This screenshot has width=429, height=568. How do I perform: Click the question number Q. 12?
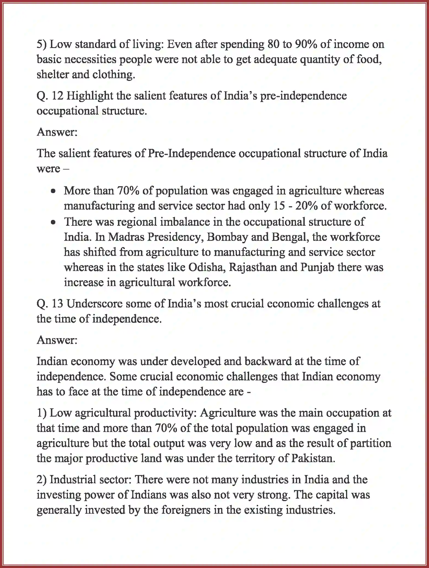(50, 96)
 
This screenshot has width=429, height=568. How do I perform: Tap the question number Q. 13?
(50, 304)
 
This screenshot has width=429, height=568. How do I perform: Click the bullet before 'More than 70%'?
(54, 191)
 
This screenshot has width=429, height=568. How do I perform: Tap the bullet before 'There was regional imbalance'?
(54, 222)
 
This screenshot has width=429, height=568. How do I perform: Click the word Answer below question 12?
(57, 132)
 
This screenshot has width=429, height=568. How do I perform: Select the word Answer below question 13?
(57, 340)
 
